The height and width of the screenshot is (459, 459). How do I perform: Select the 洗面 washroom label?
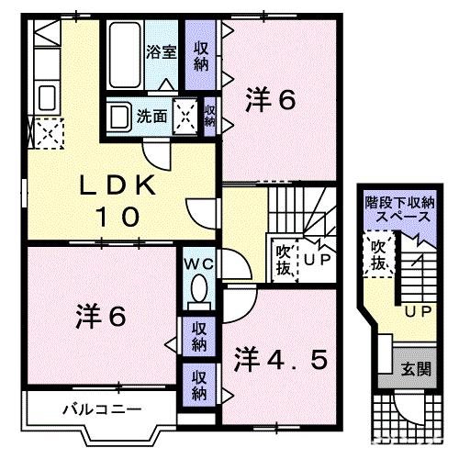(151, 117)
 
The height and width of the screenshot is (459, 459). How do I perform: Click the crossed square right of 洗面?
(186, 116)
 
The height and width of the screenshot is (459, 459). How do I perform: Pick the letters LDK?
(115, 185)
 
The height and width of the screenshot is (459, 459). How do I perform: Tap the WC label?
(197, 263)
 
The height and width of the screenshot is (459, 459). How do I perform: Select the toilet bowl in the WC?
(196, 293)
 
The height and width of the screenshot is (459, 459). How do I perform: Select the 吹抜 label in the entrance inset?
(376, 255)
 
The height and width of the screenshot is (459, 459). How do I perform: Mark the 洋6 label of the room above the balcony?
(102, 317)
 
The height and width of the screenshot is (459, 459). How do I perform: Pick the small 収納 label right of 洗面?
(210, 117)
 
